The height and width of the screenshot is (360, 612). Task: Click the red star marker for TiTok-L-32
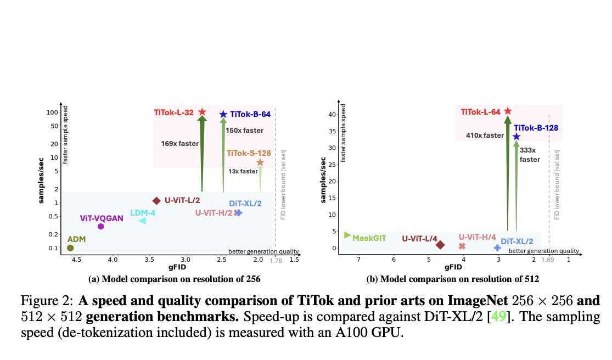click(x=202, y=112)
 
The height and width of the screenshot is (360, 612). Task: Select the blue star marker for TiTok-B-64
click(x=223, y=114)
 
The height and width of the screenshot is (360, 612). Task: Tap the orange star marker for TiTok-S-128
click(x=260, y=162)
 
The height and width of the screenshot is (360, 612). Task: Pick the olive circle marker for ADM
click(x=70, y=248)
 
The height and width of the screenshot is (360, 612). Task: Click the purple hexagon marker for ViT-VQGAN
click(x=100, y=226)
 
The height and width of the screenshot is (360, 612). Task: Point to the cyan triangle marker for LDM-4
click(x=143, y=221)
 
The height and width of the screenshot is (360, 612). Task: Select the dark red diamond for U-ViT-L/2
click(x=156, y=201)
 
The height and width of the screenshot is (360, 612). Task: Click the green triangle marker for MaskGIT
click(x=347, y=235)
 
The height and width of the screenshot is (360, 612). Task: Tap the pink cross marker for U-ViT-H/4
click(x=462, y=246)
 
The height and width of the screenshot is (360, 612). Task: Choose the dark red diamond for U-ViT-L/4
click(x=440, y=245)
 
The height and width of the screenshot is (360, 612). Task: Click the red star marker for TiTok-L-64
click(x=508, y=111)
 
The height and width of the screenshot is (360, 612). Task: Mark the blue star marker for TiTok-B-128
click(x=516, y=137)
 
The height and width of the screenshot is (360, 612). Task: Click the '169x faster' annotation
click(x=180, y=144)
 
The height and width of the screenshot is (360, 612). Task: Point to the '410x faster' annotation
click(x=485, y=136)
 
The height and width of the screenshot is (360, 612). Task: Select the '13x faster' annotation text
click(x=243, y=171)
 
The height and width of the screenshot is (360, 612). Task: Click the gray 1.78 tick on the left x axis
click(x=276, y=261)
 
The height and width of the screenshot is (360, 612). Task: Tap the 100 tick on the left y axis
click(x=52, y=113)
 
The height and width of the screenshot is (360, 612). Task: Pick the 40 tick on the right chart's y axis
click(x=332, y=114)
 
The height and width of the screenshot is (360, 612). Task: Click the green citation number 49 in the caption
click(x=498, y=316)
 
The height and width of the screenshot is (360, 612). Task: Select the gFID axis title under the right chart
click(x=453, y=267)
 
